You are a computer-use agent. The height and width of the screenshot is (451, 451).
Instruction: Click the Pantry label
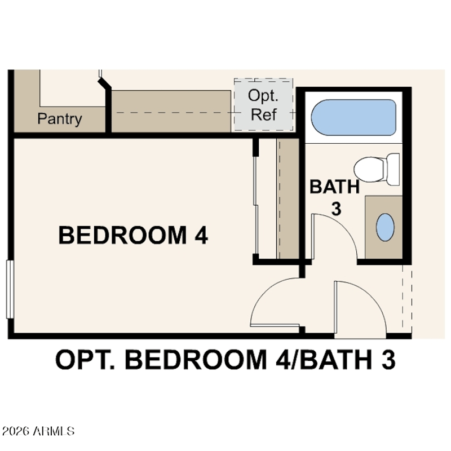click(60, 119)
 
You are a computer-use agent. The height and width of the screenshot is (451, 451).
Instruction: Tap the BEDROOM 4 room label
click(133, 235)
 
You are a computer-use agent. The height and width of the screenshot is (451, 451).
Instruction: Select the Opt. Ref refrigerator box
click(263, 105)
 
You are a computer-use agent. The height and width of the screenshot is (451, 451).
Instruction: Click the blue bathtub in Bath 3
click(353, 117)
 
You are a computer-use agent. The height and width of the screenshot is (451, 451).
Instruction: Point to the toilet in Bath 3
click(377, 170)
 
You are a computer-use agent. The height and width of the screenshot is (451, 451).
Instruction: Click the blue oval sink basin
click(385, 227)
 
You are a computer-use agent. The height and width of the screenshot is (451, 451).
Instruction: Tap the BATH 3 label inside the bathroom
click(335, 197)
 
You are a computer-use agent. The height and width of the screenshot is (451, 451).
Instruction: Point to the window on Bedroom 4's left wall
click(10, 289)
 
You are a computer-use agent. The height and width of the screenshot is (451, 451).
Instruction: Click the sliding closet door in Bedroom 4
click(256, 205)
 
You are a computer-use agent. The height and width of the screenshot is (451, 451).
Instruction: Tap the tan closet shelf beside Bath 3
click(288, 198)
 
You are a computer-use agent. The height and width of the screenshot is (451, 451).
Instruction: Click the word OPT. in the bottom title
click(85, 360)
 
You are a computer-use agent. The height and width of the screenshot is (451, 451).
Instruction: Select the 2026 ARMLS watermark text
click(38, 431)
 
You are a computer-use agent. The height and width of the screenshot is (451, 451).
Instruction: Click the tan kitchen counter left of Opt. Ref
click(171, 111)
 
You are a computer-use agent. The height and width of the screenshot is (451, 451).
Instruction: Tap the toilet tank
click(393, 170)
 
